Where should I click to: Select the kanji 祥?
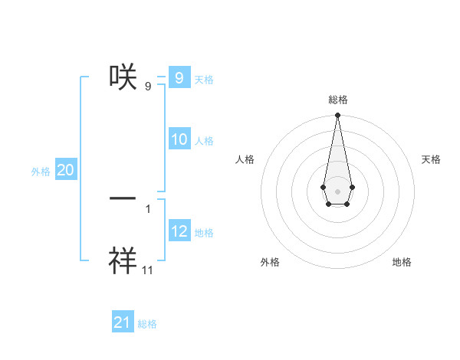pos(123,260)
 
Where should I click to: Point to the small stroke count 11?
pos(148,270)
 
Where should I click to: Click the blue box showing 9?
pos(179,78)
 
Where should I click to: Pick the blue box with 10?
pos(179,139)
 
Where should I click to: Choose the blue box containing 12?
pos(179,231)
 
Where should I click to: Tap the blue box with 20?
pos(66,170)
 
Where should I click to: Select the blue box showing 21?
pos(123,322)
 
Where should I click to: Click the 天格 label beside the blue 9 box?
pos(204,80)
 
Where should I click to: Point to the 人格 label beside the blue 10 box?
pos(204,141)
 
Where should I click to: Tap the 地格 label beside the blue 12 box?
pos(204,233)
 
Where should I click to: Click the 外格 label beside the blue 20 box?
pos(41,172)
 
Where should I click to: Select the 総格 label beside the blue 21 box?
pos(147,324)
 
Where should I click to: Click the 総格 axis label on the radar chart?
pos(337,100)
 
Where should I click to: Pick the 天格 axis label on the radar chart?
pos(431,159)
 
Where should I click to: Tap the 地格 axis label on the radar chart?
pos(402,262)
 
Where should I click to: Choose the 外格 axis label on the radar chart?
pos(270,262)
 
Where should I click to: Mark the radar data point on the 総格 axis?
pos(337,116)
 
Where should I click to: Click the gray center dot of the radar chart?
pos(337,191)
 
